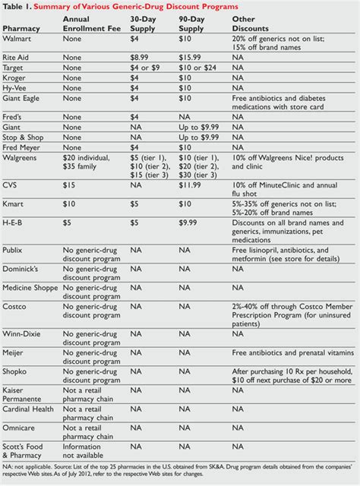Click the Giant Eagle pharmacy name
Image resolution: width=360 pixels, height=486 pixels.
click(23, 98)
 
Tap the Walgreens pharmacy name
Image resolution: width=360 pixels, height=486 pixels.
click(22, 159)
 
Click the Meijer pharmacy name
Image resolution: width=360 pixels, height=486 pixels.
click(14, 352)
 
